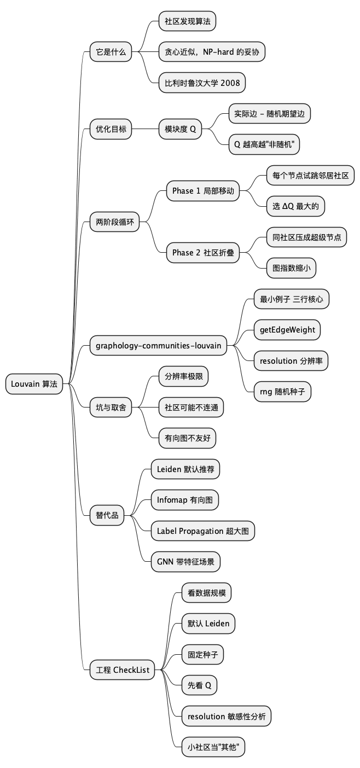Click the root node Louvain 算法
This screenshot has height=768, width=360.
[34, 384]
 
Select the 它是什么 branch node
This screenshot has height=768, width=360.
[111, 53]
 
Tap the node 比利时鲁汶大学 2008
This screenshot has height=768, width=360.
[202, 83]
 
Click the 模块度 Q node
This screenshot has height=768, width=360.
[180, 130]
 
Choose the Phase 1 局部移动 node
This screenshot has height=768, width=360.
[202, 191]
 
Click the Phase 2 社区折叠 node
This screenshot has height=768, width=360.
[202, 253]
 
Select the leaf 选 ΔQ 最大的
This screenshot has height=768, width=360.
[295, 206]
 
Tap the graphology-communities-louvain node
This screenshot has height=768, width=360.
[158, 345]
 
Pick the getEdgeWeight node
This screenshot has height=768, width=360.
[287, 330]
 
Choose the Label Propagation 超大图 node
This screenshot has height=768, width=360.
[202, 531]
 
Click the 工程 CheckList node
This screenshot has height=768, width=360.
[123, 670]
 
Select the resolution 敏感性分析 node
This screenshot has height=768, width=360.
[226, 716]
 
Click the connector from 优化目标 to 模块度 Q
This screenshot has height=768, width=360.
[145, 130]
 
